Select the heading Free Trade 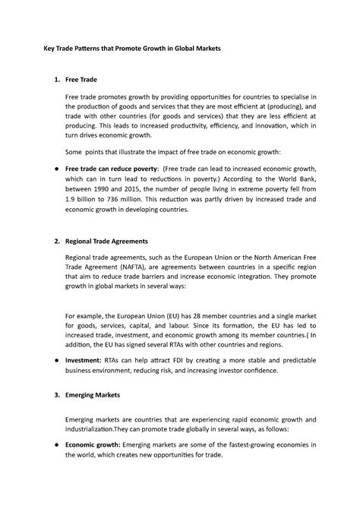(81, 79)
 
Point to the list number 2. (48, 240)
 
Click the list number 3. (48, 396)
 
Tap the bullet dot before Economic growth (49, 443)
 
